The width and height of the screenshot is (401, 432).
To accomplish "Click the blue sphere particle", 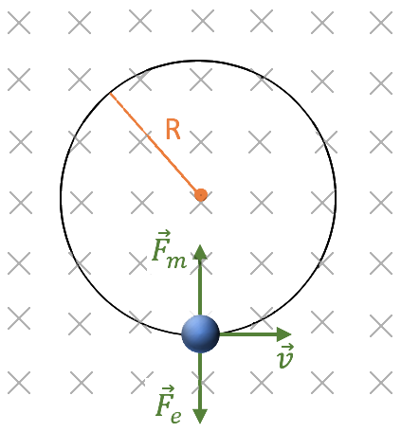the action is point(200,333).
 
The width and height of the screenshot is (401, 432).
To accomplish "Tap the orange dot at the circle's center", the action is point(201,195).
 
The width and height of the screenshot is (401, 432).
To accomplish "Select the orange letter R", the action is point(173,129).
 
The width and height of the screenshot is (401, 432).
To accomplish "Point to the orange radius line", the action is point(155,144).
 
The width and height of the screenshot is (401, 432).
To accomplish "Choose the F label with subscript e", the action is point(169,405).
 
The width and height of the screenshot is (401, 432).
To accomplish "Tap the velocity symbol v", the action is point(285,356).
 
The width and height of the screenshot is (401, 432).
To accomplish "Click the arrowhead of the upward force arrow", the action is point(200,252).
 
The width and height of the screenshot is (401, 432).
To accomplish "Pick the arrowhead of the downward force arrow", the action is point(200,416).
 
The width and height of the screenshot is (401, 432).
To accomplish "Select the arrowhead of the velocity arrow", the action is point(283,334).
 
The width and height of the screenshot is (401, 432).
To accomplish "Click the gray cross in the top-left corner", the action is point(19,23).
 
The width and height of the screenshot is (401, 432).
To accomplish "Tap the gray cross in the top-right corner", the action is point(381,23).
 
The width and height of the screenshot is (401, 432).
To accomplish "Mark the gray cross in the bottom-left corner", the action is point(19,383).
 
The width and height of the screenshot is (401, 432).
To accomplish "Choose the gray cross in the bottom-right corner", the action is point(381,383).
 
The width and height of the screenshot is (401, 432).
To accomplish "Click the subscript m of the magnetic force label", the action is point(177,261).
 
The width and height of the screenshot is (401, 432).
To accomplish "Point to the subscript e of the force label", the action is point(176,417).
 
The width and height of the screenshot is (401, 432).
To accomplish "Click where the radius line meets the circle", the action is point(110,93).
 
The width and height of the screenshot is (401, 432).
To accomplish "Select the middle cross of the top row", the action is point(203,21).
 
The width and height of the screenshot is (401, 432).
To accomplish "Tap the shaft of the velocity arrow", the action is point(248,334).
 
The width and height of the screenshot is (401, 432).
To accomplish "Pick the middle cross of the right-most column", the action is point(381,202).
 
